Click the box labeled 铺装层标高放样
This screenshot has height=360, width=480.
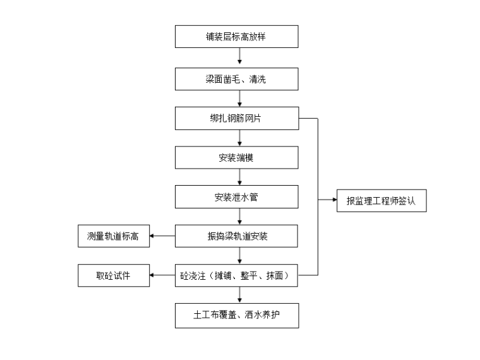tap(237, 37)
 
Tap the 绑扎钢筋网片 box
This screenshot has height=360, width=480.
tap(237, 119)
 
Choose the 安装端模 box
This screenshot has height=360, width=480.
tap(237, 158)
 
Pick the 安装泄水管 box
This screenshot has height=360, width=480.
tap(237, 196)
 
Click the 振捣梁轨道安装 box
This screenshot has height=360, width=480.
tap(237, 236)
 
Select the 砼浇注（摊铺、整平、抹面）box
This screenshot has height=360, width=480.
tap(237, 276)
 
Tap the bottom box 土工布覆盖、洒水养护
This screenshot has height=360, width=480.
tap(237, 316)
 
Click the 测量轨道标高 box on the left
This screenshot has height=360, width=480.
tap(113, 236)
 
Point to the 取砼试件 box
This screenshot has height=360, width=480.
tap(113, 276)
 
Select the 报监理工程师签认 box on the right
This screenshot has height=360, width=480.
tap(381, 200)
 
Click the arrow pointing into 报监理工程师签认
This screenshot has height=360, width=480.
tap(328, 200)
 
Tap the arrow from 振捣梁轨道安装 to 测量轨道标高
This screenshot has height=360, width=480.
tap(162, 236)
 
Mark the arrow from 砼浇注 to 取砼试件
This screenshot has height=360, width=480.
tap(162, 276)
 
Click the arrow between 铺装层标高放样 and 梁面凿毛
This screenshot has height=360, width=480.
tap(239, 57)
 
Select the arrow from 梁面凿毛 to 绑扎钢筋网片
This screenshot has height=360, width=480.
tap(239, 99)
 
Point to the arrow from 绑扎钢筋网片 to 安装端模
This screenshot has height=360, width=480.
tap(239, 138)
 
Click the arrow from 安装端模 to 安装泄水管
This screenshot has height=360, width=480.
tap(239, 177)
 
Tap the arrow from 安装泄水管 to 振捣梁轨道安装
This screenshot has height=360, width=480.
tap(239, 217)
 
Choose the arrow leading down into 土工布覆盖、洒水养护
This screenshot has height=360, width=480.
tap(239, 296)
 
